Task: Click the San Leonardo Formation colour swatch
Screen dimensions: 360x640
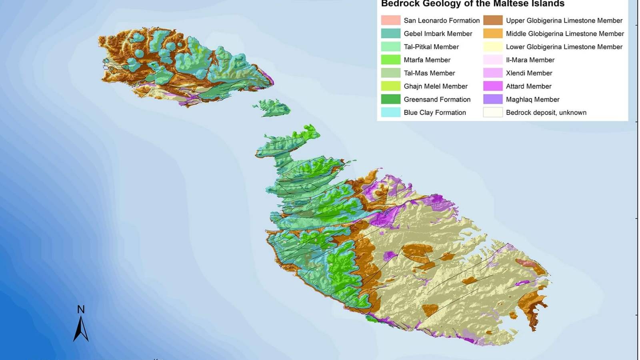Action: pyautogui.click(x=390, y=20)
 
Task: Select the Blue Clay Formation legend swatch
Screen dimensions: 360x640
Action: pyautogui.click(x=390, y=112)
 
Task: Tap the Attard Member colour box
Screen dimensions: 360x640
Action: pyautogui.click(x=493, y=86)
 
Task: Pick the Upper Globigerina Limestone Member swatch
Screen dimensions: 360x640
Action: pyautogui.click(x=493, y=20)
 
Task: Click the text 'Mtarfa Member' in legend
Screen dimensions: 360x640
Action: pyautogui.click(x=427, y=60)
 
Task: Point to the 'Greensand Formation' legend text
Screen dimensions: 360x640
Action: pyautogui.click(x=437, y=99)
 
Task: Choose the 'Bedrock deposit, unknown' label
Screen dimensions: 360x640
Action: pyautogui.click(x=546, y=112)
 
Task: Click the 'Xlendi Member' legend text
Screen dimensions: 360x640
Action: pyautogui.click(x=529, y=73)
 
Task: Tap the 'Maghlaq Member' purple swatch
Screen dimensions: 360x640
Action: pyautogui.click(x=493, y=99)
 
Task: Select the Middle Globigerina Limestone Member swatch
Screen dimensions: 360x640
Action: pyautogui.click(x=493, y=34)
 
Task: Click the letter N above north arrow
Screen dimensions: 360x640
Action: pyautogui.click(x=81, y=309)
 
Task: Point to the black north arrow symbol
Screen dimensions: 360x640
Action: pyautogui.click(x=81, y=329)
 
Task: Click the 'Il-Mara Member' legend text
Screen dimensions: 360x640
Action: pyautogui.click(x=530, y=60)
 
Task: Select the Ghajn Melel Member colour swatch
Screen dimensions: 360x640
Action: pyautogui.click(x=390, y=86)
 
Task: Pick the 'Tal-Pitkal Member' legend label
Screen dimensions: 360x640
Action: pyautogui.click(x=431, y=47)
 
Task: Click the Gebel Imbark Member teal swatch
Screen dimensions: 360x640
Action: pyautogui.click(x=390, y=34)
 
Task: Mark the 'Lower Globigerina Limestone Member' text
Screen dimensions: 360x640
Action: pyautogui.click(x=564, y=47)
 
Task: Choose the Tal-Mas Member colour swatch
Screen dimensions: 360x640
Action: pyautogui.click(x=390, y=73)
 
